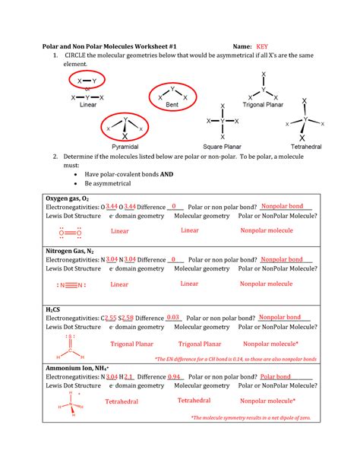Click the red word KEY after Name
[262, 45]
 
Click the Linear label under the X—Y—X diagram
[87, 106]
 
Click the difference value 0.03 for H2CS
[173, 318]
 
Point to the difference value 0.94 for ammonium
[174, 376]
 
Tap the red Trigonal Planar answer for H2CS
[132, 344]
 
